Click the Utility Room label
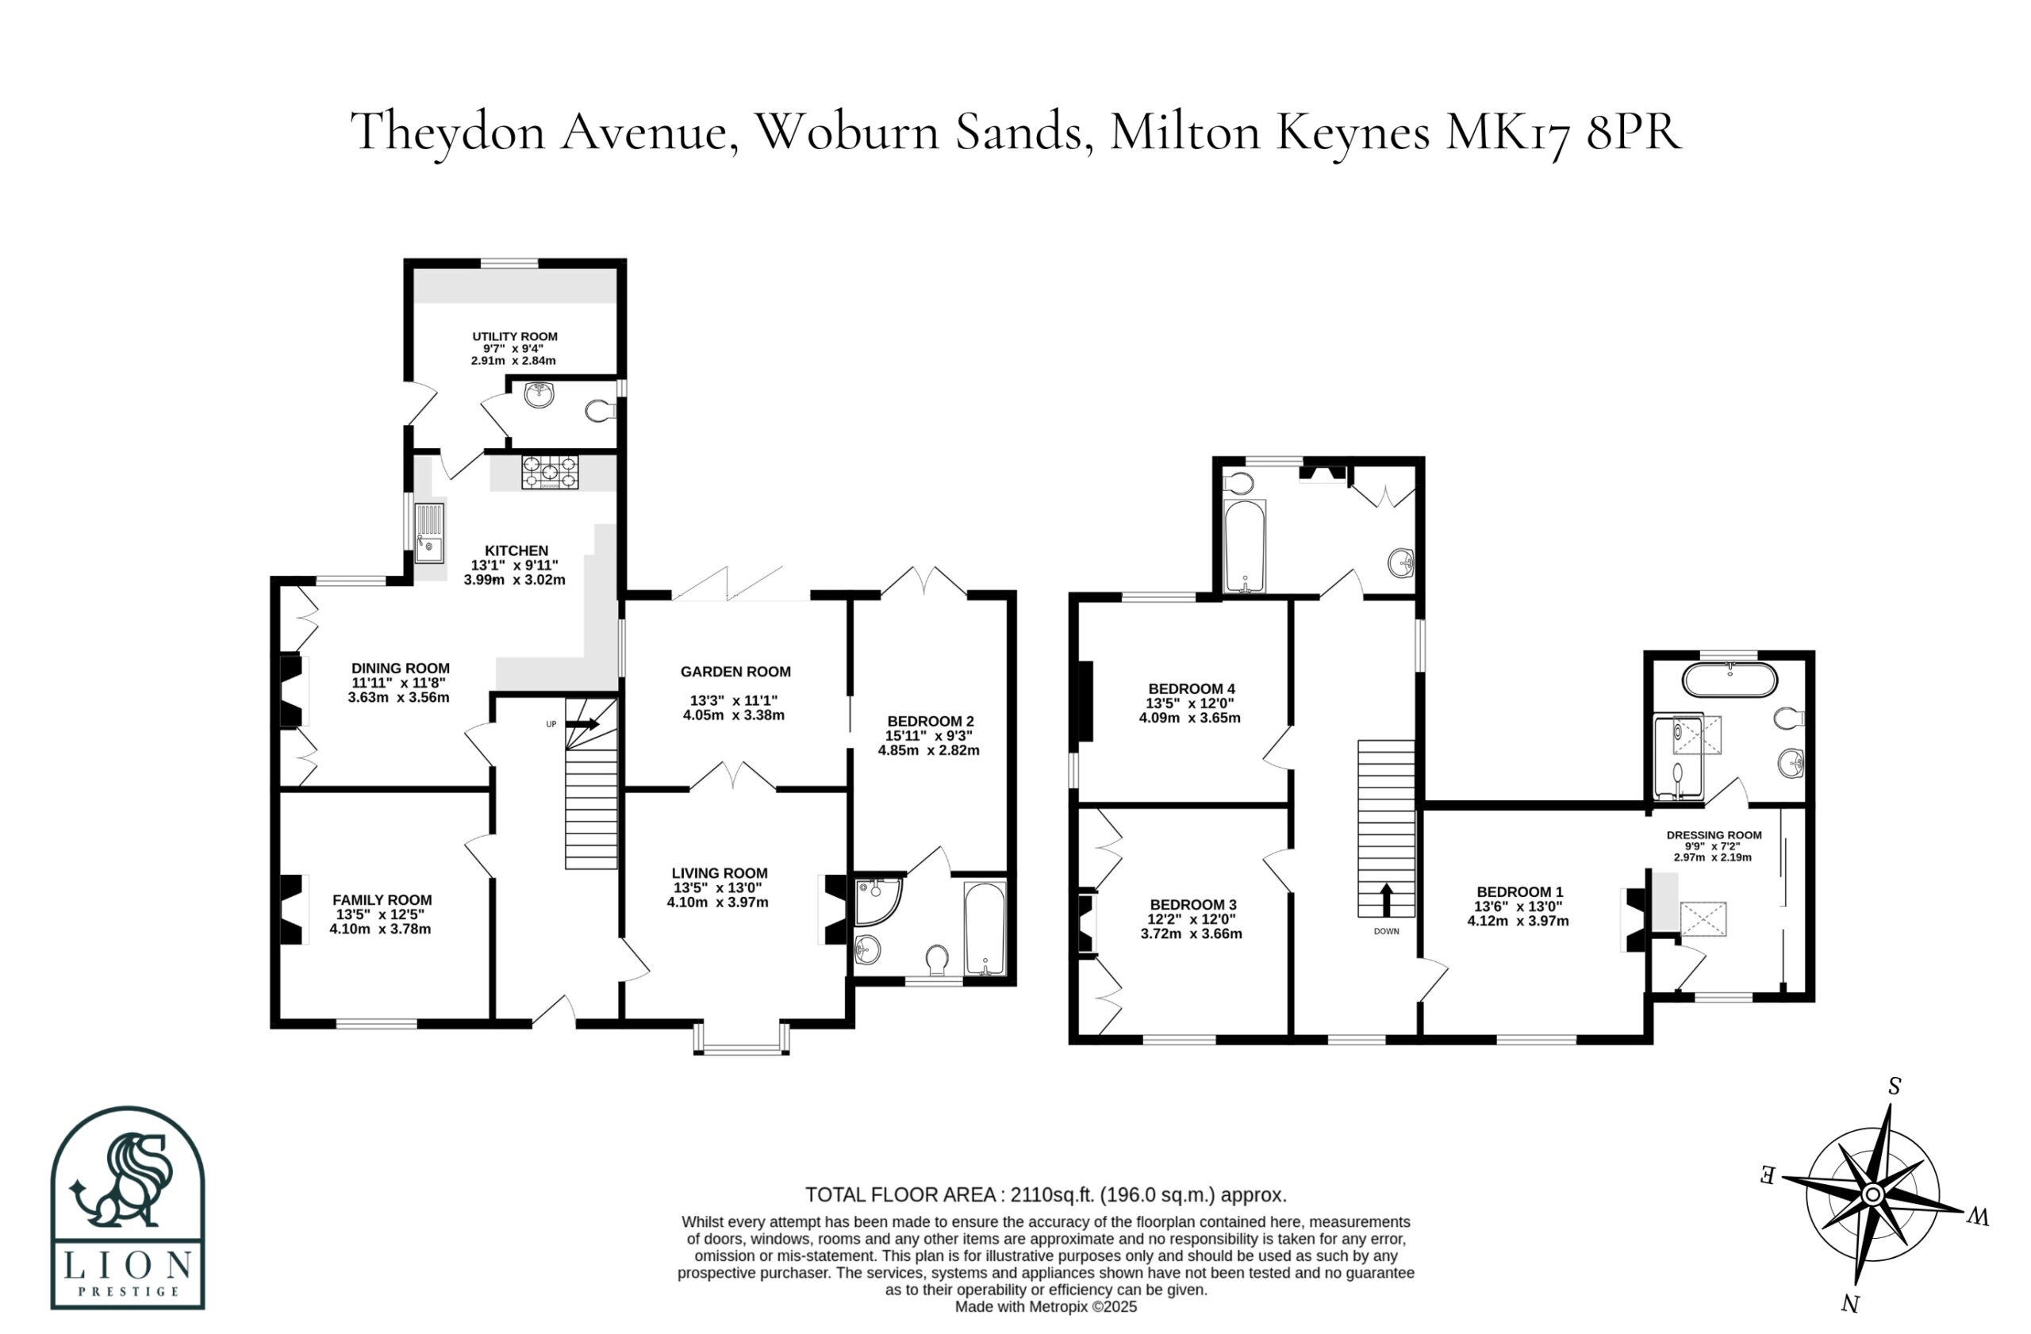click(515, 337)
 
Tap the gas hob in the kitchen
click(550, 473)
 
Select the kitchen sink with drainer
click(429, 533)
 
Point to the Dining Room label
click(400, 669)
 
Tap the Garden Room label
click(735, 672)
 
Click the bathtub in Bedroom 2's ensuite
click(985, 929)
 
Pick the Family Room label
click(382, 900)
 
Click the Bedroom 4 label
click(1192, 689)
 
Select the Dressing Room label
click(1714, 836)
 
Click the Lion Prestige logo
click(128, 1207)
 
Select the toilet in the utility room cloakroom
click(601, 412)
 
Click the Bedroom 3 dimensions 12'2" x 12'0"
click(1192, 919)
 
